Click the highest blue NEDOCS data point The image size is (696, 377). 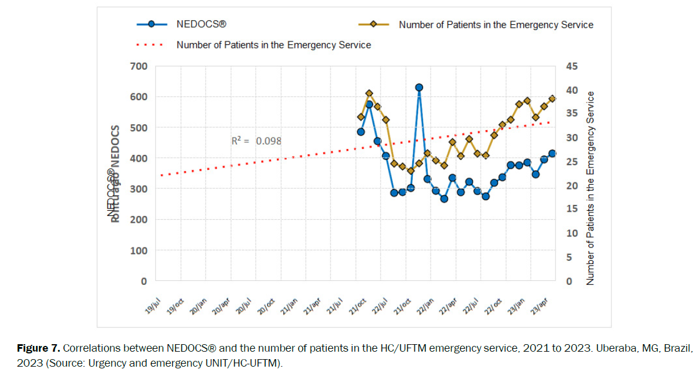tap(419, 87)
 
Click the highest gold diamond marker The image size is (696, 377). tap(369, 93)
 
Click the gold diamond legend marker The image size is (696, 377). tap(374, 24)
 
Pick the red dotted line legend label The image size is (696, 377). tap(273, 44)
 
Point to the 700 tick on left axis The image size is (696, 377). tap(139, 66)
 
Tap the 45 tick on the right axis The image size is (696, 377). tap(571, 66)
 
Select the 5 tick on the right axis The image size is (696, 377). tap(569, 257)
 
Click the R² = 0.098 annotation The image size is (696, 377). tap(256, 141)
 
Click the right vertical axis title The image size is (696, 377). tap(590, 189)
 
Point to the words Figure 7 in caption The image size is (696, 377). tap(37, 349)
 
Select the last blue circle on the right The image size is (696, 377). tap(553, 153)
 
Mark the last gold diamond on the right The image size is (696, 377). tap(553, 98)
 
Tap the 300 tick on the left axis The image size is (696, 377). tap(139, 189)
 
